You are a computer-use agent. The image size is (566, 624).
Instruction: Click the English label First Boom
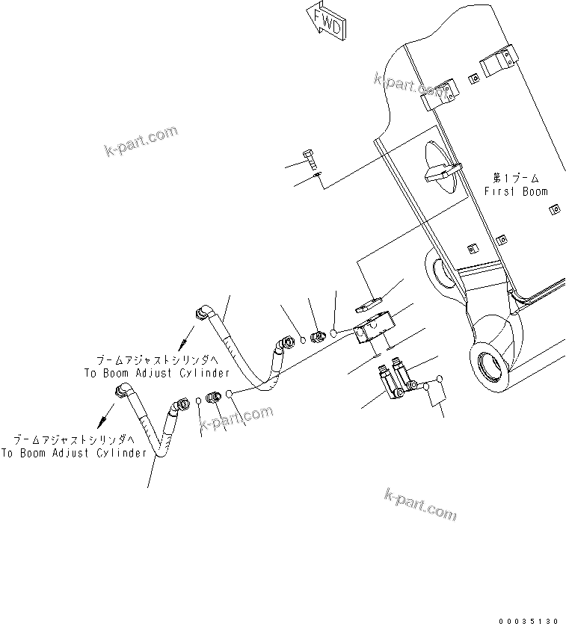pos(515,191)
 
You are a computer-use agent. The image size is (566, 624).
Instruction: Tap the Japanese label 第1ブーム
pos(515,178)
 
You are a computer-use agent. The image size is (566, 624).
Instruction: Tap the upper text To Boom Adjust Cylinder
pos(156,372)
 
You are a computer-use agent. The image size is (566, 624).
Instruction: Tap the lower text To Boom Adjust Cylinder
pos(73,453)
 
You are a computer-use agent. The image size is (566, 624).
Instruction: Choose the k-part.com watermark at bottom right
pos(419,504)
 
